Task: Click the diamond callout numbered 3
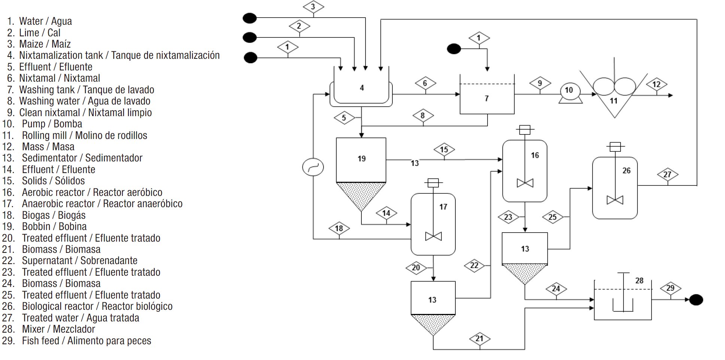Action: click(313, 7)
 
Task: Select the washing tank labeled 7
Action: click(486, 98)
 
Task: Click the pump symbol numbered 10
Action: click(570, 91)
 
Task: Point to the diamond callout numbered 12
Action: click(656, 84)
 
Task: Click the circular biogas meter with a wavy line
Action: click(313, 167)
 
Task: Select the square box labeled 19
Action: click(361, 159)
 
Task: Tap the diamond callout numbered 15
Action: click(444, 149)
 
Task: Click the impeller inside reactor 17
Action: click(433, 236)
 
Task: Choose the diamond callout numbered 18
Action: click(339, 228)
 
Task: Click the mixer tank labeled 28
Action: click(622, 300)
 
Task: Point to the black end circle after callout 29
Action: click(696, 300)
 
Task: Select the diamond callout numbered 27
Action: click(667, 174)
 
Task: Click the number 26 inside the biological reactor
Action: click(626, 170)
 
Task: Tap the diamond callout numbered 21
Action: click(479, 339)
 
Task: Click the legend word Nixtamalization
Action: click(61, 55)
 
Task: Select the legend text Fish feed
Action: click(40, 341)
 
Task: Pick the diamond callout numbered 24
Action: click(556, 288)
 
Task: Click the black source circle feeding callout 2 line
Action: click(250, 37)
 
